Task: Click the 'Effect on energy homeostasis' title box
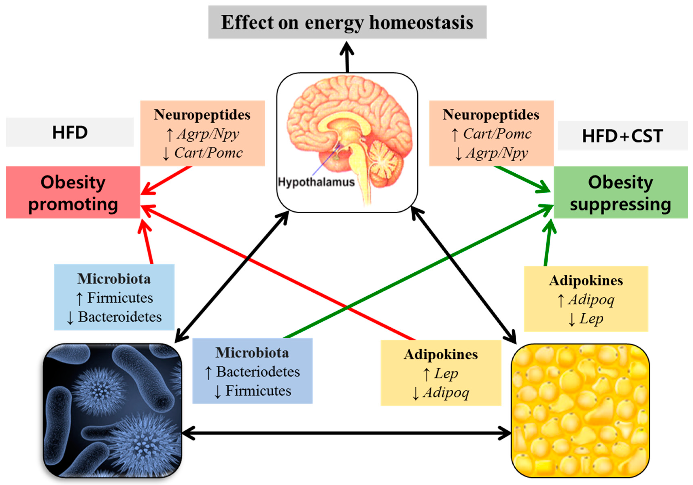[347, 22]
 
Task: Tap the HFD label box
[70, 132]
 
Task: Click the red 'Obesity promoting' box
[73, 192]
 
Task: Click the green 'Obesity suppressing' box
[621, 192]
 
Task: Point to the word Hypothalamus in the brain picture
[316, 182]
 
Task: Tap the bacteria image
[112, 410]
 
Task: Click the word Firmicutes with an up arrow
[120, 298]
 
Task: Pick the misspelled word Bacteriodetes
[258, 372]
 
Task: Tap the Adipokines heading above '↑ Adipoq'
[586, 280]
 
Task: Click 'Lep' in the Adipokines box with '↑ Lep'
[446, 373]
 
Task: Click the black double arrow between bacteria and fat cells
[346, 433]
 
